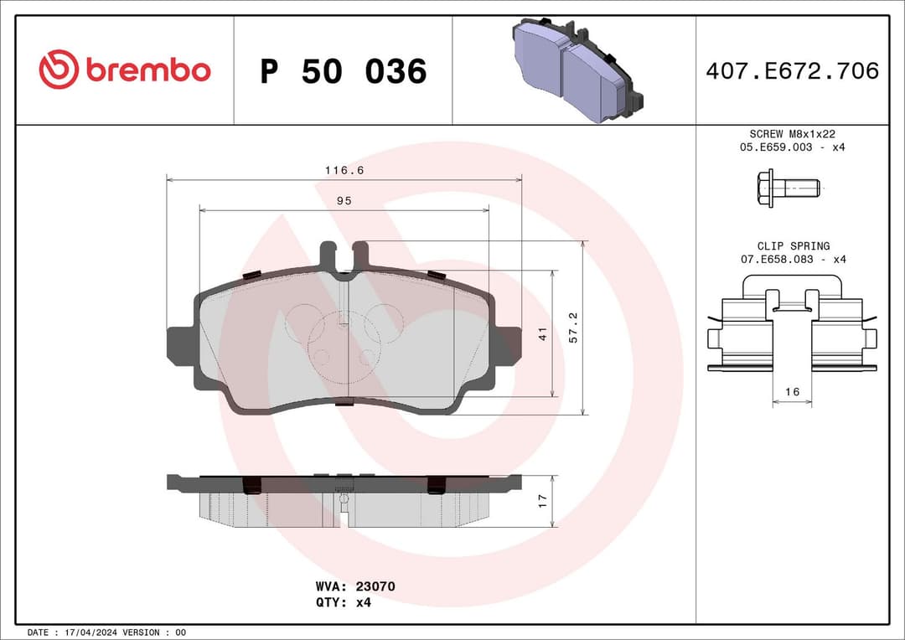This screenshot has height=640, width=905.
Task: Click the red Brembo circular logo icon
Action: [x=59, y=70]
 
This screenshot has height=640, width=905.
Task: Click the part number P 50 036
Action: [x=343, y=71]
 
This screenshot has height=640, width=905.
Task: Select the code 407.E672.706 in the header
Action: [x=792, y=71]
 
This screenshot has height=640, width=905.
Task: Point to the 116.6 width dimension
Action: [x=344, y=170]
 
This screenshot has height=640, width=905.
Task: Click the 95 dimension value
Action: [x=344, y=201]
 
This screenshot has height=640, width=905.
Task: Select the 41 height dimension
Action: [x=542, y=333]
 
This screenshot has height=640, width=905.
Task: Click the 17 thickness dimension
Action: [x=542, y=501]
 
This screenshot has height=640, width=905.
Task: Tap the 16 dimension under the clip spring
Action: [x=792, y=392]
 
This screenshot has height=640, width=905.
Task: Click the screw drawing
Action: [x=788, y=188]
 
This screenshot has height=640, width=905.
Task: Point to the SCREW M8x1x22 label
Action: [x=792, y=134]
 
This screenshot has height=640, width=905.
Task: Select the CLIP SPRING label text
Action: [x=793, y=246]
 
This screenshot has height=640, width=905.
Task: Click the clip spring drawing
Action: [x=792, y=331]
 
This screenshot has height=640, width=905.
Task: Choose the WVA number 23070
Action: [x=377, y=586]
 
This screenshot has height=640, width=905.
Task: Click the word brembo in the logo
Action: [x=147, y=71]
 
